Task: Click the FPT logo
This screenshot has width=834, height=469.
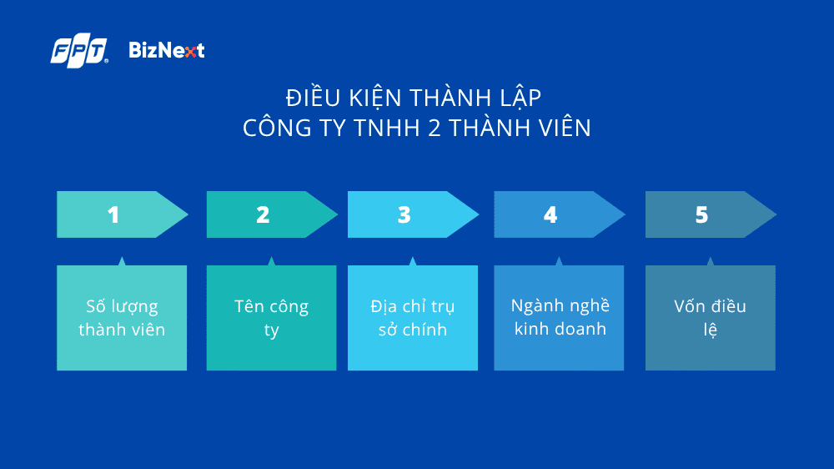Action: [x=79, y=52]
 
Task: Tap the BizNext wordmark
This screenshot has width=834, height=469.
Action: [x=167, y=51]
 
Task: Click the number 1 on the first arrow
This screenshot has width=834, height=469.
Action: [x=113, y=214]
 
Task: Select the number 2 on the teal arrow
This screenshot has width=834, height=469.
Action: [x=263, y=214]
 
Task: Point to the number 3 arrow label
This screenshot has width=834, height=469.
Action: [x=404, y=214]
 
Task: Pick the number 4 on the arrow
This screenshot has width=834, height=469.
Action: [x=550, y=214]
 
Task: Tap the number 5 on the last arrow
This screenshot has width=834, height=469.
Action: [x=701, y=214]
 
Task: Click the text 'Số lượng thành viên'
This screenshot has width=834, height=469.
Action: [x=122, y=318]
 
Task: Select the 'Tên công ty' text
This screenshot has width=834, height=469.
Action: [x=271, y=318]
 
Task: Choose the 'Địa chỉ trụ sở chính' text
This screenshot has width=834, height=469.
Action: [x=413, y=318]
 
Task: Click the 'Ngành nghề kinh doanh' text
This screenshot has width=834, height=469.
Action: [x=560, y=317]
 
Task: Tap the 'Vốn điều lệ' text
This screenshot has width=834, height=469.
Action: [x=710, y=318]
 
